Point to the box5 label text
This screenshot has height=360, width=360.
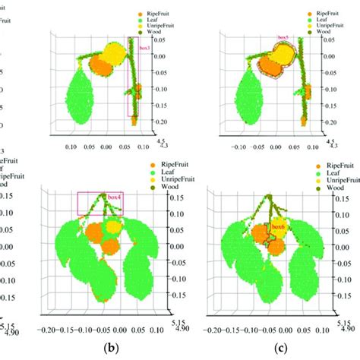click(x=283, y=36)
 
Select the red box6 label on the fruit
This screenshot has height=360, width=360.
click(x=278, y=226)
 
